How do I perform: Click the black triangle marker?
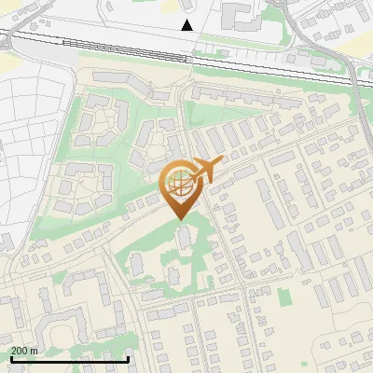187,25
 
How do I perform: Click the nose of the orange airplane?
221,161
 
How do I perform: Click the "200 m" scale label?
24,351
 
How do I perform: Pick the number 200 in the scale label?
20,351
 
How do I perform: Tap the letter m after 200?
34,351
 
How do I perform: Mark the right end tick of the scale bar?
128,357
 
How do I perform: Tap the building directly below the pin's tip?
183,239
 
